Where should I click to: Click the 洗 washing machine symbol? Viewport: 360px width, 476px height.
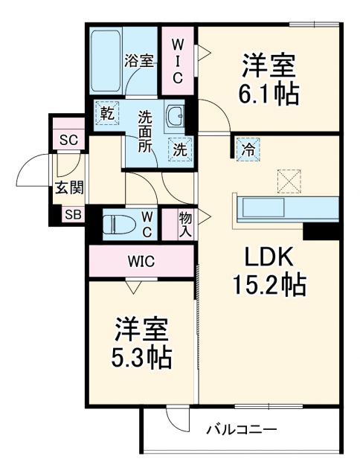(x=179, y=148)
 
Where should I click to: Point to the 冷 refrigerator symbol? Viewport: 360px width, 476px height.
(x=248, y=149)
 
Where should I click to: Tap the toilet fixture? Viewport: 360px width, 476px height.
(x=119, y=224)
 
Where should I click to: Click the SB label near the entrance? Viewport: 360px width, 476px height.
(x=73, y=215)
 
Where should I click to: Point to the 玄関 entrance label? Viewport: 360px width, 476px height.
(x=68, y=187)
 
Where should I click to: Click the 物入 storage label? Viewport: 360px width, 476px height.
(x=185, y=224)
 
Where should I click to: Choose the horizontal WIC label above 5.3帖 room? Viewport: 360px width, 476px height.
(x=141, y=262)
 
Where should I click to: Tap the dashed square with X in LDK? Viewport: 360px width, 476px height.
(x=287, y=179)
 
